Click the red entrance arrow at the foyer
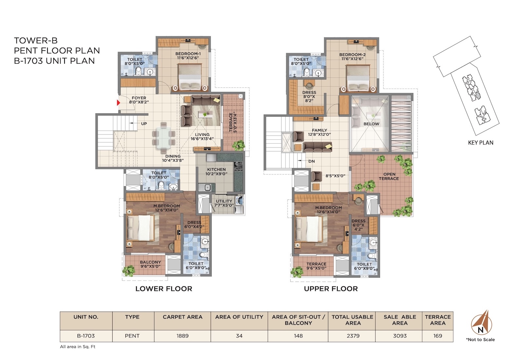tap(118, 103)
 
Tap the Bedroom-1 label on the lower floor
tap(188, 56)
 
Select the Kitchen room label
tap(216, 171)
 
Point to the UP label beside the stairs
tap(144, 124)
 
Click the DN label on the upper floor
tap(311, 161)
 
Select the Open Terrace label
tap(389, 176)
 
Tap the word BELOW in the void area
tap(371, 124)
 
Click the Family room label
tap(320, 132)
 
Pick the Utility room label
tap(224, 203)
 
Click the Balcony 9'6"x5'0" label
tap(150, 264)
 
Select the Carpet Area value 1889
tap(182, 336)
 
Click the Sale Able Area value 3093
tap(400, 336)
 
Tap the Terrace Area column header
tap(438, 320)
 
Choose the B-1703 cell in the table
tap(86, 336)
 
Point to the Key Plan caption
tap(480, 143)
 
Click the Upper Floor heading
tap(331, 289)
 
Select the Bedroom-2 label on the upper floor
tap(352, 57)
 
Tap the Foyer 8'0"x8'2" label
tap(139, 100)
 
